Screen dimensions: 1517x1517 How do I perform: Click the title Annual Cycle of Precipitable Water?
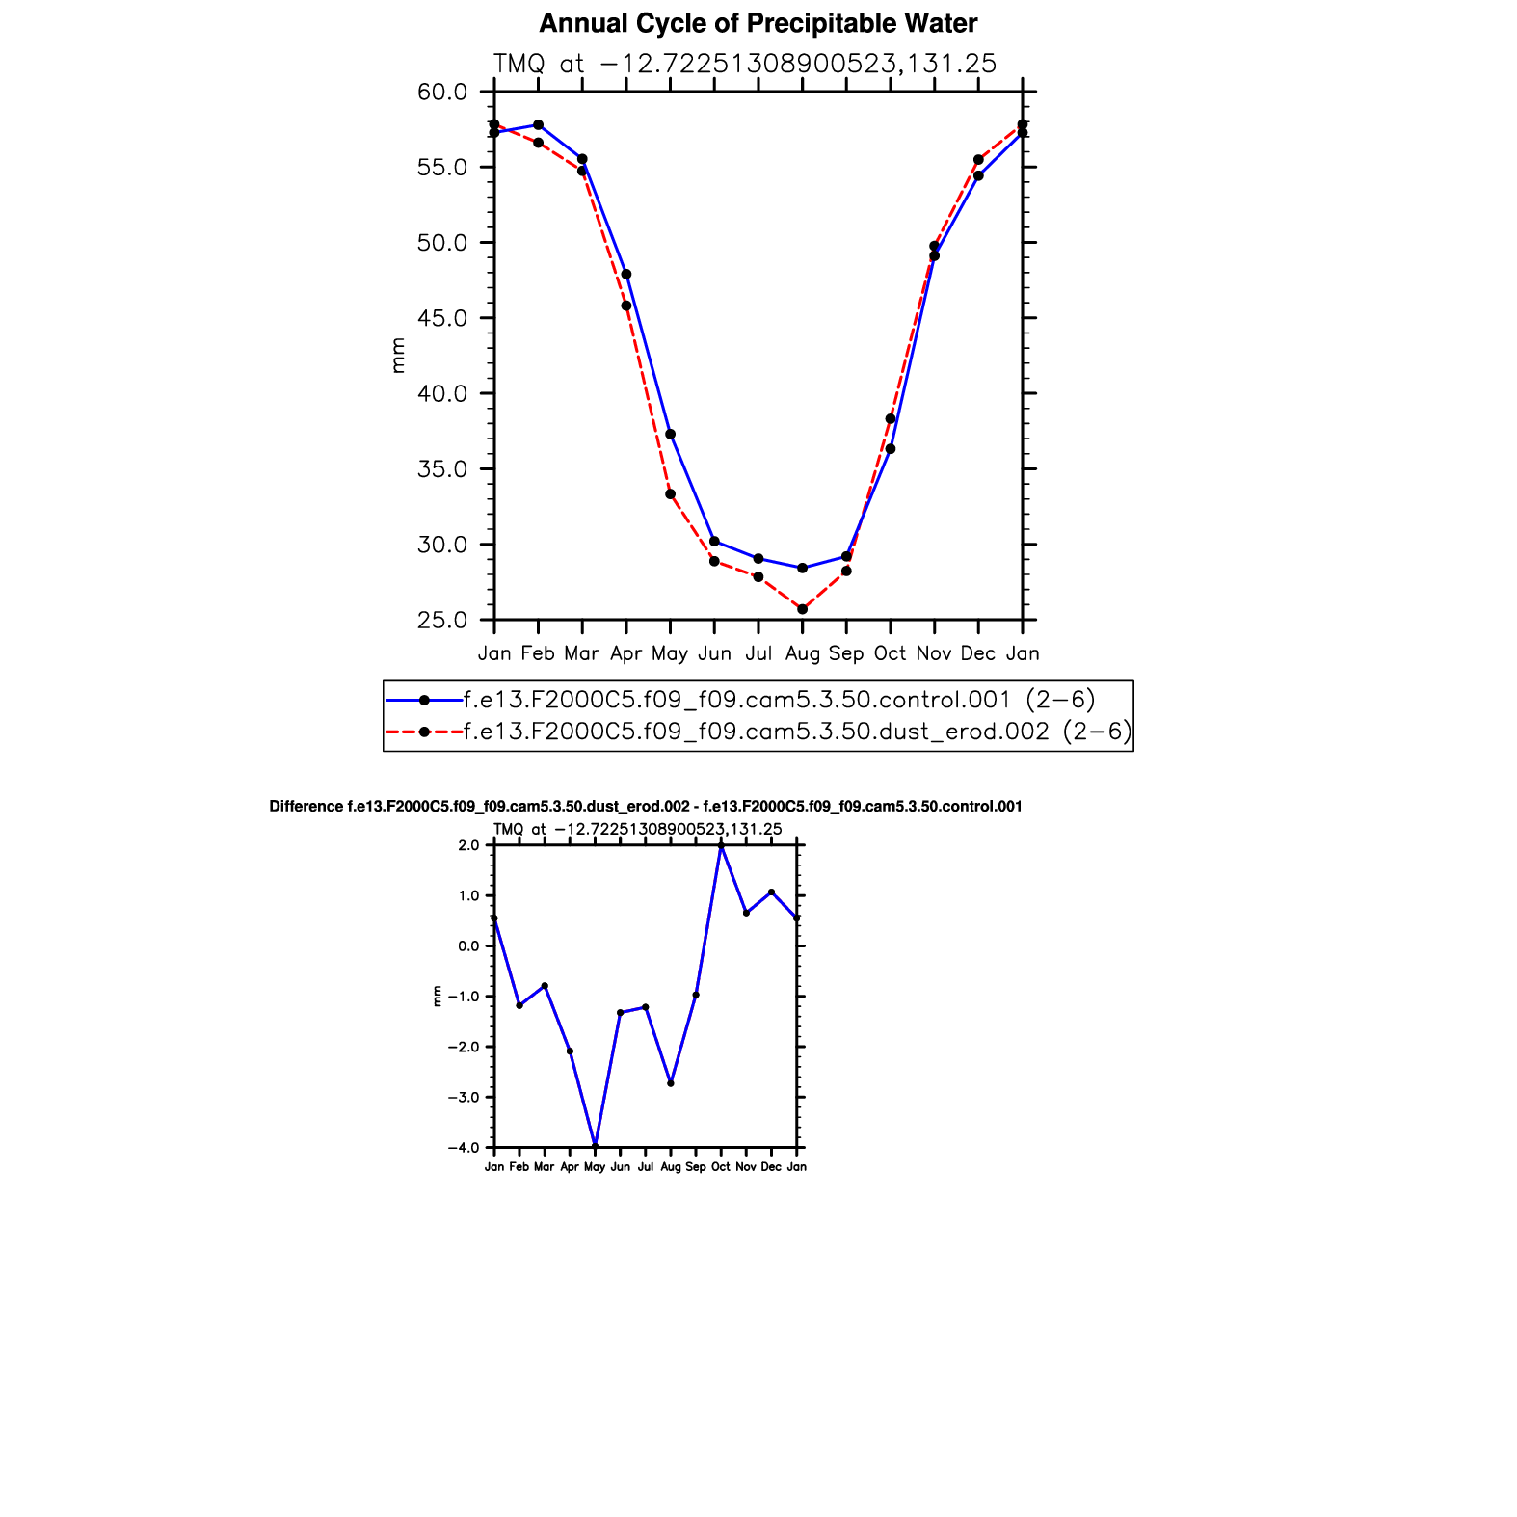click(758, 23)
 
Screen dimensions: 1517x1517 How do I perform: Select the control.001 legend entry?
click(779, 700)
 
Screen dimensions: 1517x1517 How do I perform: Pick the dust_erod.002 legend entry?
click(797, 732)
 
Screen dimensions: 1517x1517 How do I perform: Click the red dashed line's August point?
click(802, 609)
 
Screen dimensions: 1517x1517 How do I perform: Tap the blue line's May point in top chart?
click(670, 435)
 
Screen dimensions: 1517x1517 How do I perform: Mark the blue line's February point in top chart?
click(538, 125)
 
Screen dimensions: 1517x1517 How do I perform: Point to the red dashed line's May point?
click(670, 494)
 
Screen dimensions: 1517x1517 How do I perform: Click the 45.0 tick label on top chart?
click(442, 318)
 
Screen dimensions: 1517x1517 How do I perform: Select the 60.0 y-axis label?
click(442, 93)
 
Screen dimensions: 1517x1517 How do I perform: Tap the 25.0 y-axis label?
click(442, 620)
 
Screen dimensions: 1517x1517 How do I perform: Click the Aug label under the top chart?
click(802, 653)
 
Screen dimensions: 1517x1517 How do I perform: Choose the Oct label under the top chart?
click(890, 653)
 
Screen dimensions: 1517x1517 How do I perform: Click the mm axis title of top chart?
click(398, 356)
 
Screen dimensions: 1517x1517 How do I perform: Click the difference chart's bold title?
click(646, 807)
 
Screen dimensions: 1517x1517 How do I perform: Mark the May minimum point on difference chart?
click(595, 1146)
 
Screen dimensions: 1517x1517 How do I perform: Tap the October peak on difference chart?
click(721, 846)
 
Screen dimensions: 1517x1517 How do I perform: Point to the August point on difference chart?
click(671, 1083)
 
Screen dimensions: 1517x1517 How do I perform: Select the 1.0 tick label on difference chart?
click(469, 895)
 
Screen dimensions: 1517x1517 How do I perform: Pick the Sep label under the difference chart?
click(695, 1167)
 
